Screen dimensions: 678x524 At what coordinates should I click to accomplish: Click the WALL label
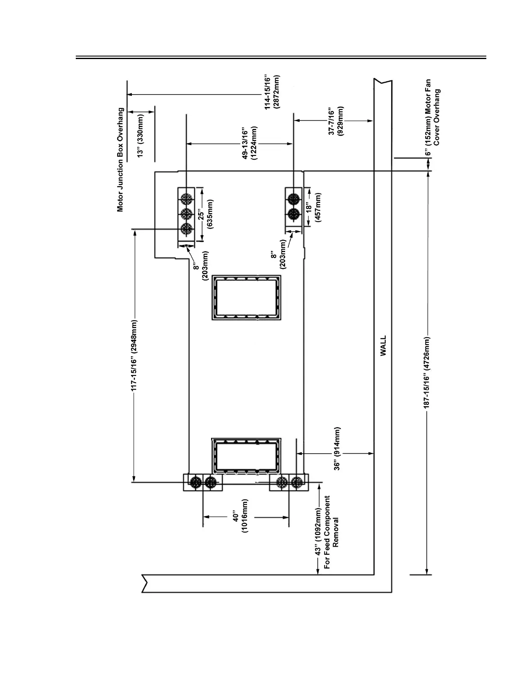383,345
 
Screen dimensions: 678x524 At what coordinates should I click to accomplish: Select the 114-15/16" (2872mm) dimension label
272,92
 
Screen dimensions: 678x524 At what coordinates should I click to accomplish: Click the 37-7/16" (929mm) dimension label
336,121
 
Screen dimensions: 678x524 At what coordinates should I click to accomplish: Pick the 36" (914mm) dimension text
337,449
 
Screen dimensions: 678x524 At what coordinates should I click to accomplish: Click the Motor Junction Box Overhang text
121,160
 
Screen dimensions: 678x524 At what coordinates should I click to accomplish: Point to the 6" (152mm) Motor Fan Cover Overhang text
432,118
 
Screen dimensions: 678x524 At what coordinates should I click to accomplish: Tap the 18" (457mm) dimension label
313,207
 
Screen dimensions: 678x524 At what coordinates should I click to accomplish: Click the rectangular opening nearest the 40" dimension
246,456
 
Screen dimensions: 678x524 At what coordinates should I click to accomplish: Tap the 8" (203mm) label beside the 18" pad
278,253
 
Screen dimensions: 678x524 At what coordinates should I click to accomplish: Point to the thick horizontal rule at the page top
281,57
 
